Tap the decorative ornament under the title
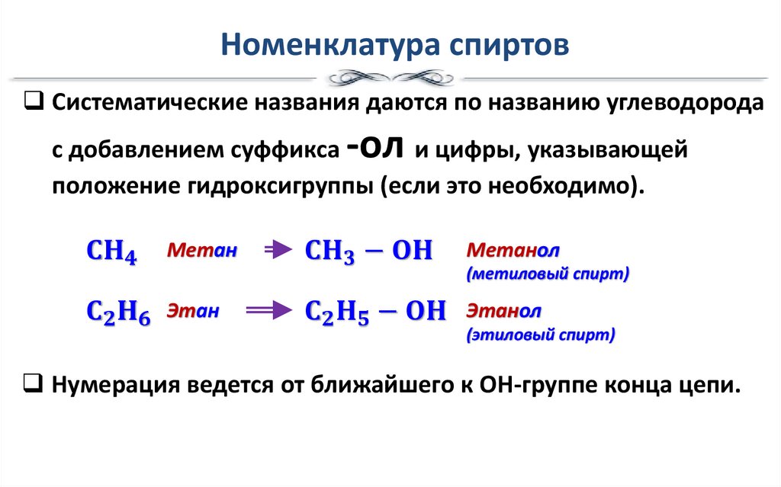390,78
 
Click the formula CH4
111,251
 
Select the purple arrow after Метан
278,249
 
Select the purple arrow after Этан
268,310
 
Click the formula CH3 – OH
368,251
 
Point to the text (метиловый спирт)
547,274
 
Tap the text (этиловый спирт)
541,335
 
